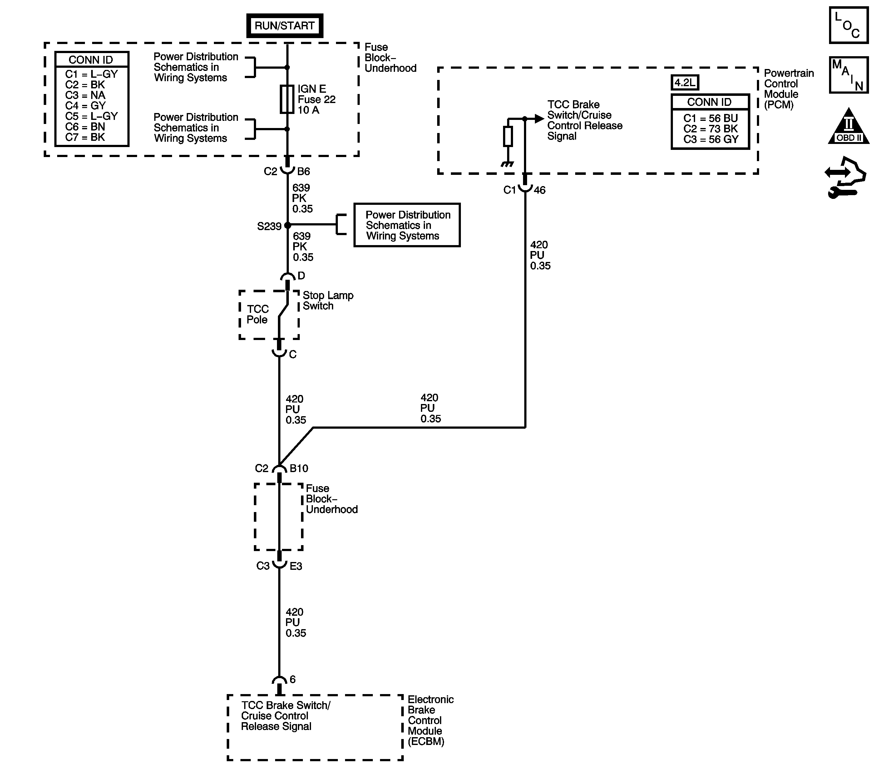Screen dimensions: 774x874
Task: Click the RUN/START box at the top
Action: [x=284, y=26]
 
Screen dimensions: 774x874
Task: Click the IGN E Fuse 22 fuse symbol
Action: [x=286, y=99]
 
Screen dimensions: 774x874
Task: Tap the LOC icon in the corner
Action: [x=848, y=25]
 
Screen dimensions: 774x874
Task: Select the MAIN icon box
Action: [x=848, y=75]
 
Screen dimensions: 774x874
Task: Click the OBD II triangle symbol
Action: [x=848, y=127]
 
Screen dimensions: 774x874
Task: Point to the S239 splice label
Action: [x=269, y=226]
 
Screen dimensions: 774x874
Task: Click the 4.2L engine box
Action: [x=684, y=82]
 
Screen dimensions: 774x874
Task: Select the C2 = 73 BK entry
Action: [x=710, y=129]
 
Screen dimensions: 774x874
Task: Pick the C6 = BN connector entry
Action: [x=85, y=126]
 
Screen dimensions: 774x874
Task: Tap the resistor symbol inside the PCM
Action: [x=507, y=136]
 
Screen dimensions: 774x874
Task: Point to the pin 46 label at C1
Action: [x=540, y=190]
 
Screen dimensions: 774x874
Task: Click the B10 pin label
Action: [x=299, y=469]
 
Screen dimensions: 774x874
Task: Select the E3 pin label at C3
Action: [x=296, y=566]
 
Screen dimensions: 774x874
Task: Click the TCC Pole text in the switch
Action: [x=257, y=314]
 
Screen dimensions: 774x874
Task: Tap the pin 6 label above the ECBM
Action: [x=293, y=679]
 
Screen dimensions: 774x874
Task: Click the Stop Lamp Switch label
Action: [x=328, y=301]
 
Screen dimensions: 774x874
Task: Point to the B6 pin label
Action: [x=303, y=171]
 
